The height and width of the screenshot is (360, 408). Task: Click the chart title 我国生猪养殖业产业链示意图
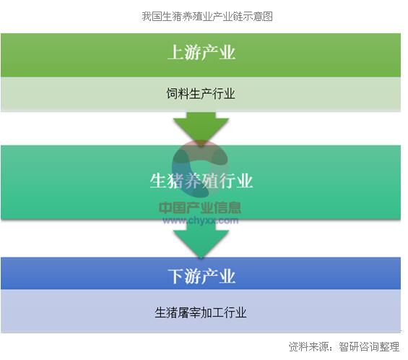207,17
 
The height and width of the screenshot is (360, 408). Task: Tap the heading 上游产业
201,53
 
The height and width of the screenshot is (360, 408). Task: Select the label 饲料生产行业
201,94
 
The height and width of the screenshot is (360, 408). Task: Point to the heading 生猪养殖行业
201,181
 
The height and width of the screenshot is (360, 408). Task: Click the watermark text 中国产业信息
200,208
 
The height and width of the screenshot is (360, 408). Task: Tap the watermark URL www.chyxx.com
200,221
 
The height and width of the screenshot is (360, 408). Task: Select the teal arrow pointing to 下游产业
201,239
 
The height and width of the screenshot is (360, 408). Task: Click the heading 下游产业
201,276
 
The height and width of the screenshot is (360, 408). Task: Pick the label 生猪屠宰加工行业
201,312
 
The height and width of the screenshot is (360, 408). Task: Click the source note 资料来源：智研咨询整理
344,347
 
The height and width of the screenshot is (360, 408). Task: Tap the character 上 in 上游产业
175,53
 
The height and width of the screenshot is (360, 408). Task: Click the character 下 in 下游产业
175,276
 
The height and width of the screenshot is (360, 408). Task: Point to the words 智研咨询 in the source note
359,347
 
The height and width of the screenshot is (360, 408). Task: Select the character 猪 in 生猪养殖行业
175,181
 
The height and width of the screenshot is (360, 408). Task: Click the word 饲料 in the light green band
178,94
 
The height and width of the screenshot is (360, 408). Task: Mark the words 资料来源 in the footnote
309,347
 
